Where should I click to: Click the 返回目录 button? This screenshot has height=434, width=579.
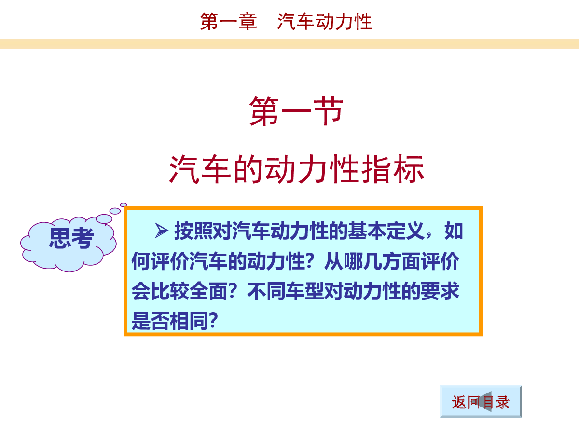click(481, 402)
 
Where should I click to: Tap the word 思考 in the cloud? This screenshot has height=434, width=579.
click(71, 238)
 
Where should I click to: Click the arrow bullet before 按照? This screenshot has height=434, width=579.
click(162, 231)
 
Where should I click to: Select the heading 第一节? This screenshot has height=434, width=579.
click(296, 111)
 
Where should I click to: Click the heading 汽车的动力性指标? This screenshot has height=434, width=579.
click(296, 169)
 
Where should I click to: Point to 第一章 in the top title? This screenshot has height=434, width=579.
click(228, 21)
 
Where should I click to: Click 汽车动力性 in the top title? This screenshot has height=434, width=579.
click(324, 21)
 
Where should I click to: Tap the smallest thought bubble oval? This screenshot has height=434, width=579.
click(124, 205)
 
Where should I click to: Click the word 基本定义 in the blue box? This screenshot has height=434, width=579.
click(386, 231)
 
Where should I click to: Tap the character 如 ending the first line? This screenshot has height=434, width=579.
click(454, 231)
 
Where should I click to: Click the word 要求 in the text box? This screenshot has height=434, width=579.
click(440, 291)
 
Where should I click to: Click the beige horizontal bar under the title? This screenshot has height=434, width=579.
click(289, 44)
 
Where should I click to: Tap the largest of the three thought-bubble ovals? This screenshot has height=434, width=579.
click(104, 219)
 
